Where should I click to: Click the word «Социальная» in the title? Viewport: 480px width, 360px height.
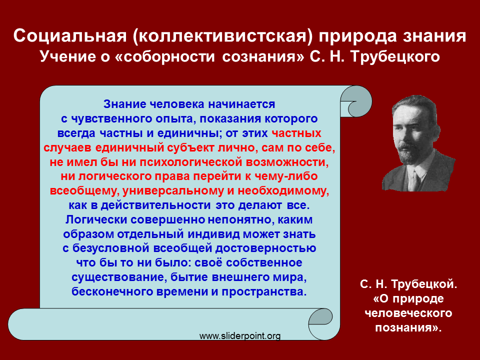(70, 36)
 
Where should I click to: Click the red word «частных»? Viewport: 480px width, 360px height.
(296, 133)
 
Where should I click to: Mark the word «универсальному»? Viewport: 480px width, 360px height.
(173, 191)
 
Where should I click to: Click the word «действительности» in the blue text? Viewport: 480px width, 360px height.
(155, 205)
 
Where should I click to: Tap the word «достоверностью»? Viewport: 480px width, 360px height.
(265, 248)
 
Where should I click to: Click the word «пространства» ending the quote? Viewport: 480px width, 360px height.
(264, 291)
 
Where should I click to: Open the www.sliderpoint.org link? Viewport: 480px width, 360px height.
(240, 336)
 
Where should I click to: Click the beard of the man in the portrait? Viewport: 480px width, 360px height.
(408, 153)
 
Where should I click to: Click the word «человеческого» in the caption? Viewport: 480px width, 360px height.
(408, 313)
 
